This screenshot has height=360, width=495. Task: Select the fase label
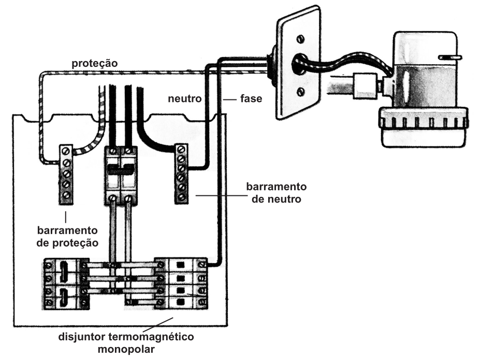[x=251, y=98]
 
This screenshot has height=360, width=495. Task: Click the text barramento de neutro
[x=276, y=192]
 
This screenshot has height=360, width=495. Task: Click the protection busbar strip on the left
[x=66, y=173]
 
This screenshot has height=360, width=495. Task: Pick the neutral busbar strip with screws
[x=181, y=174]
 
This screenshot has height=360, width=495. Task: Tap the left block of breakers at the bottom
[x=66, y=284]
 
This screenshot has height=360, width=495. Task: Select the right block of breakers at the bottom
[x=181, y=283]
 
